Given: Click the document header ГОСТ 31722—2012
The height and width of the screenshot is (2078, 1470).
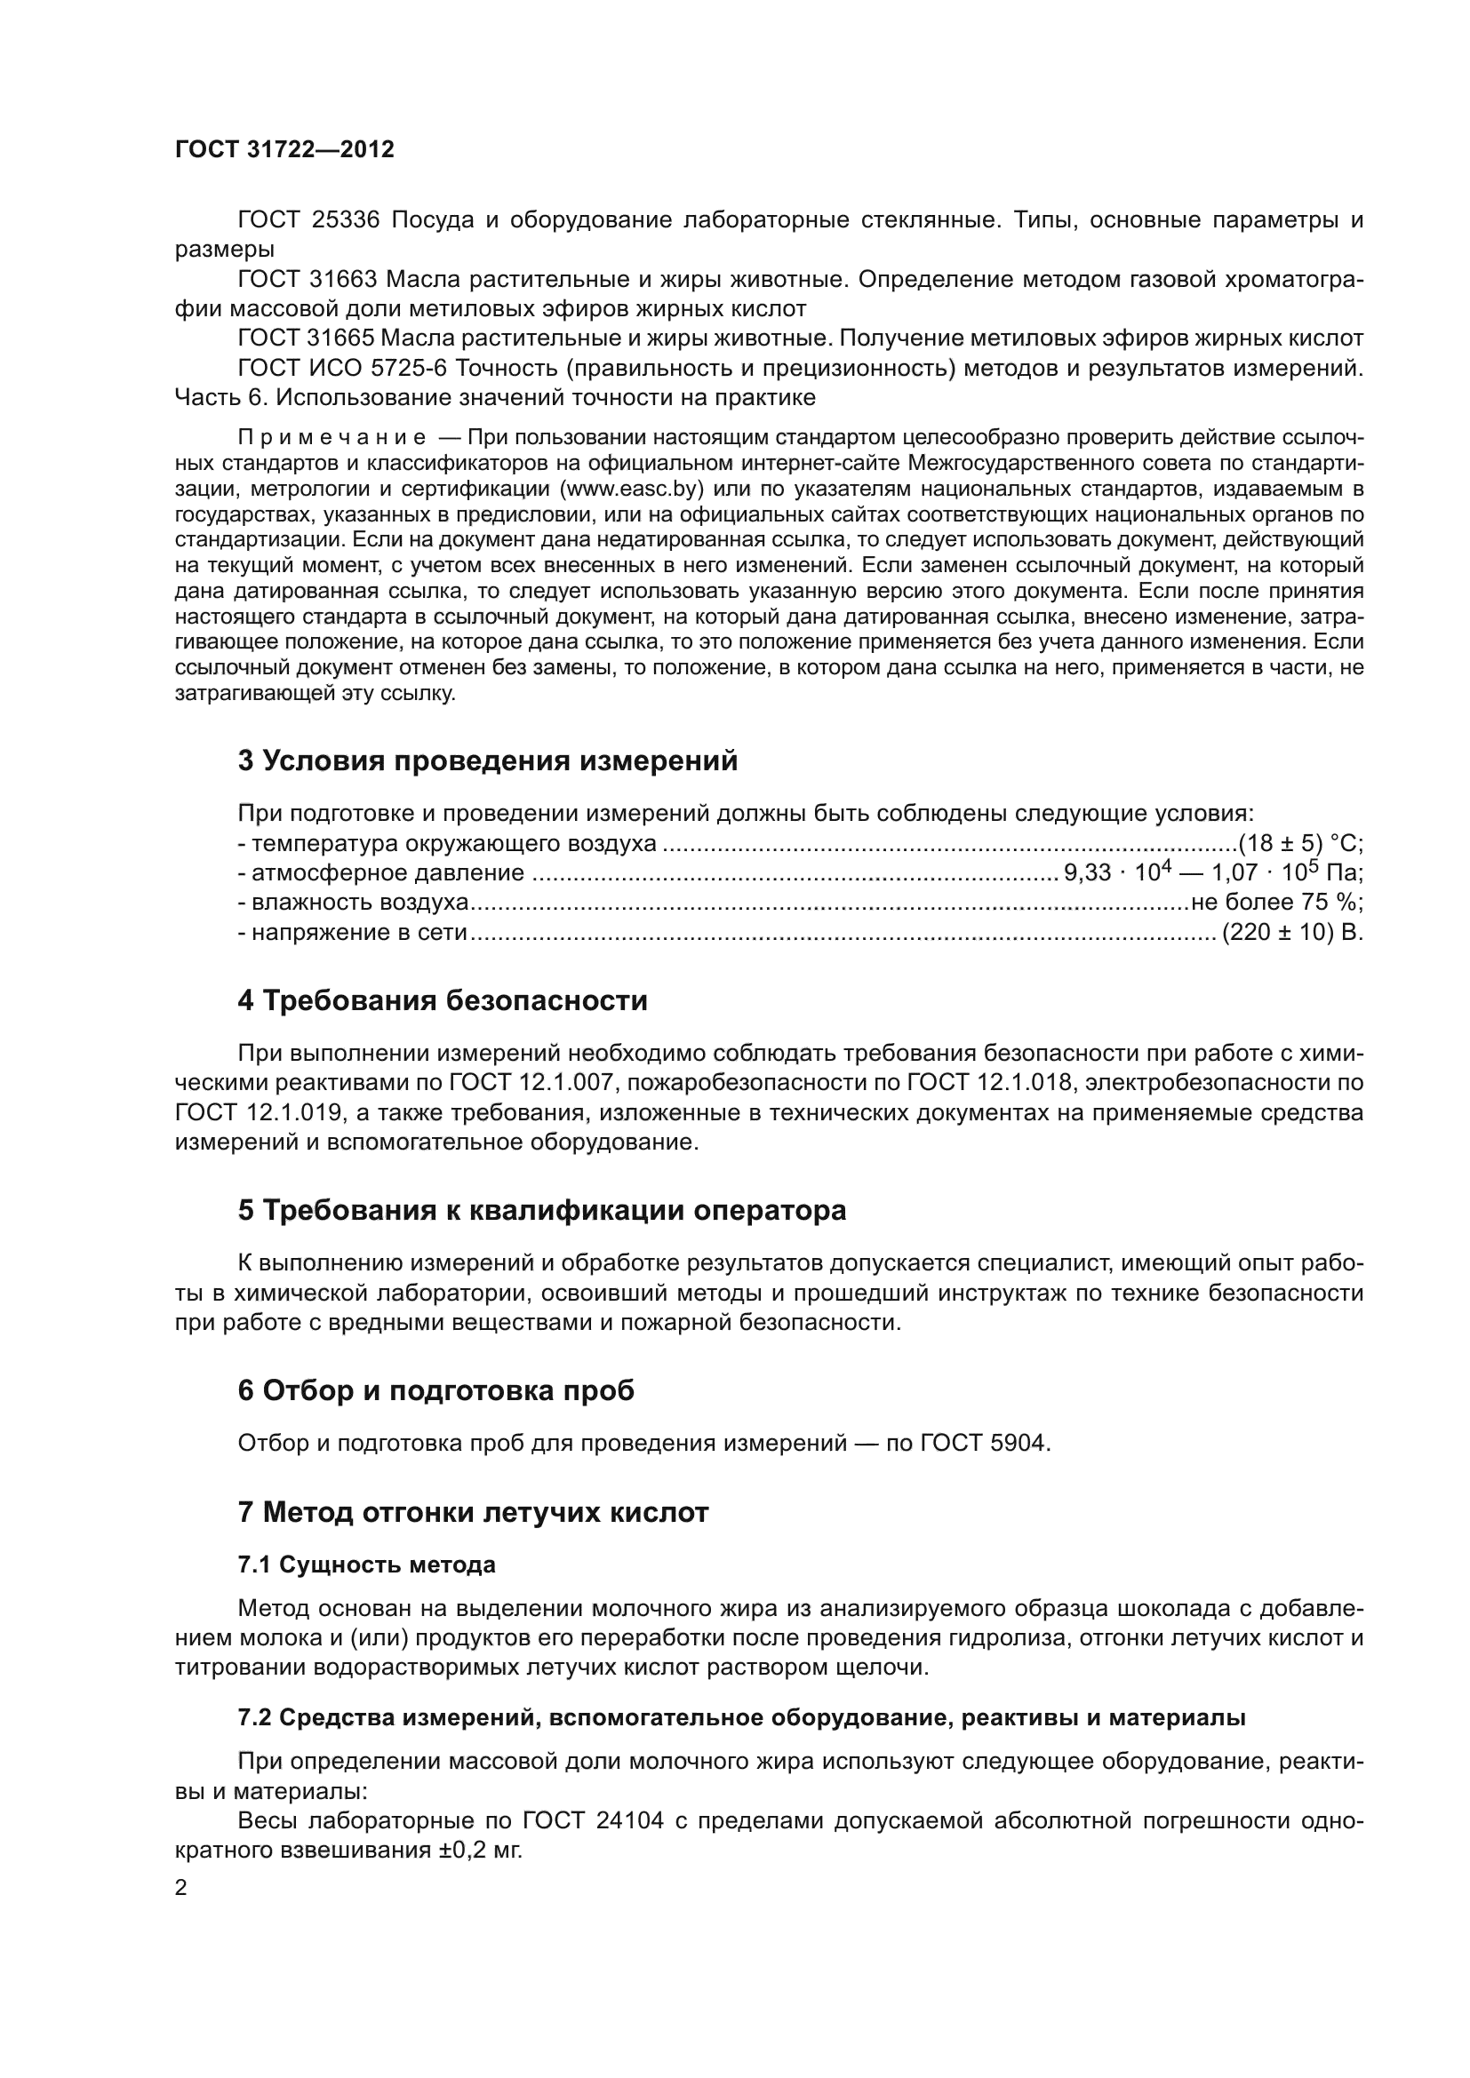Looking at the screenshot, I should [x=284, y=150].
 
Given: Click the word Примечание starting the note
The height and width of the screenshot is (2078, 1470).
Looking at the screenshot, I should [x=332, y=438].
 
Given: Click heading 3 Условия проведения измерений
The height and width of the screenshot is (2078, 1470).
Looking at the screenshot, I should [x=488, y=761].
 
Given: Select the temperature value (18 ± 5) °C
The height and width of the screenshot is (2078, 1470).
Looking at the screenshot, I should [x=1300, y=843].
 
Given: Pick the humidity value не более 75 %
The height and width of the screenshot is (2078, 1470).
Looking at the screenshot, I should [x=1276, y=903].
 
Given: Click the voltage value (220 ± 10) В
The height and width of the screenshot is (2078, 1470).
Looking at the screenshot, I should [x=1291, y=932].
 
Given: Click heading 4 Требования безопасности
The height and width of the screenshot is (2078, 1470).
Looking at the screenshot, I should [x=443, y=1001].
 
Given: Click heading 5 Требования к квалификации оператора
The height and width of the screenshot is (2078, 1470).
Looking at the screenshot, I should [x=541, y=1211].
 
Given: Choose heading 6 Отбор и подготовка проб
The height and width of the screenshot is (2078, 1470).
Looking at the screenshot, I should [x=435, y=1391].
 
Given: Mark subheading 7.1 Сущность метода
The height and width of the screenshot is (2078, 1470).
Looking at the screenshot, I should [x=366, y=1564].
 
